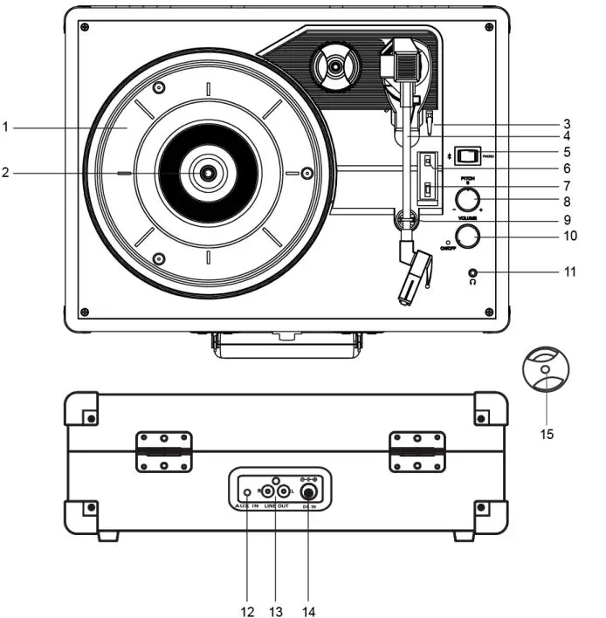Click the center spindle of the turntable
pos(208,173)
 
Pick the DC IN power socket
pos(307,491)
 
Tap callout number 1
pos(5,127)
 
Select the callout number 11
pos(569,272)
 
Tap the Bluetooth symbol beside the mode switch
pos(449,155)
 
